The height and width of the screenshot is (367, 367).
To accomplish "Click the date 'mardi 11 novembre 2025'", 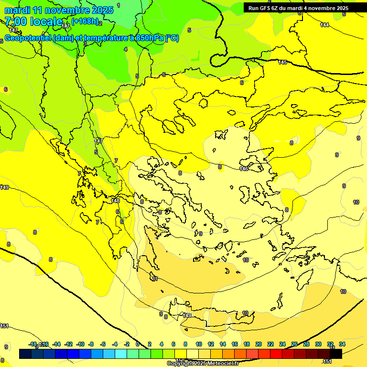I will coord(59,10).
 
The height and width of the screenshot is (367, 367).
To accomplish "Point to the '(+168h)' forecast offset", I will coord(85,21).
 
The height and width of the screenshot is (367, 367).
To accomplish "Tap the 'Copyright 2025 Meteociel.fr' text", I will coord(203,363).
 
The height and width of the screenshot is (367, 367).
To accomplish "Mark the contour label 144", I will coord(324,25).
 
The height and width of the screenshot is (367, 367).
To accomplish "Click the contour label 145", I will coord(282,63).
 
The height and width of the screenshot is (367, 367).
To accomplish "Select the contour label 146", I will coord(244,169).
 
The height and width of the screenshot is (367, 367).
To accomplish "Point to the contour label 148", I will coord(115,201).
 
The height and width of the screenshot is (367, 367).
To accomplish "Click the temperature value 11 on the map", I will coord(155,279).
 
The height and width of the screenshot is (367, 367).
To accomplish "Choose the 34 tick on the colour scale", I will coord(342,344).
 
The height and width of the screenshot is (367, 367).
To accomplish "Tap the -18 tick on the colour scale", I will coord(33,344).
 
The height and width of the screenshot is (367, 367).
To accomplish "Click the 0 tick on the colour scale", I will coord(138,344).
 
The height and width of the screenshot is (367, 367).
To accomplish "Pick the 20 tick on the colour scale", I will coord(259,344).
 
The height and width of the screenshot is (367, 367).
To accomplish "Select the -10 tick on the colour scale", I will coord(80,344).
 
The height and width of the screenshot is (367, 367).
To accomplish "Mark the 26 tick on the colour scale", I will coord(294,344).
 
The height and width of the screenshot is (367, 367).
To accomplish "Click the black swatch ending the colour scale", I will coord(336,354).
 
